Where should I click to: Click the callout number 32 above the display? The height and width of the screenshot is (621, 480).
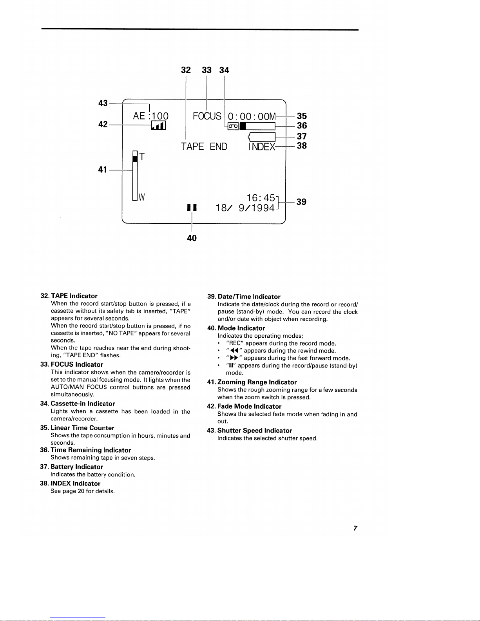point(186,70)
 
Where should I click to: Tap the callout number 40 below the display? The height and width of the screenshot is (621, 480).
point(192,238)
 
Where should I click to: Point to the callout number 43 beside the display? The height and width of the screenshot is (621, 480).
point(103,103)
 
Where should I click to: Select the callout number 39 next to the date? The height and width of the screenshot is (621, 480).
point(301,202)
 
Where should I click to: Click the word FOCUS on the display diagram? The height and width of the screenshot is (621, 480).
point(207,116)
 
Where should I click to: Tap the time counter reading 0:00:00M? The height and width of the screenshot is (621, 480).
point(252,116)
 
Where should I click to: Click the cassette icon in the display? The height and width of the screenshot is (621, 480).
point(233,126)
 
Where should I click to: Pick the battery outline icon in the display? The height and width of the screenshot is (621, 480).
point(262,136)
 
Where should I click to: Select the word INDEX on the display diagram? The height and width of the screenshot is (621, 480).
point(261,147)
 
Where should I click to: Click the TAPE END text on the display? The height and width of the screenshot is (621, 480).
point(204,147)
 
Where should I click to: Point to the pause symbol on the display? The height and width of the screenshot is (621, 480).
point(192,208)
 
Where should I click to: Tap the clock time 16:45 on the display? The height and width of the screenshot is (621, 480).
point(260,198)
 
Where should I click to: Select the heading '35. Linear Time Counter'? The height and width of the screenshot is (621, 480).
point(77,428)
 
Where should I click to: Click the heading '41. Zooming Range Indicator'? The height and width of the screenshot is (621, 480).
point(252,382)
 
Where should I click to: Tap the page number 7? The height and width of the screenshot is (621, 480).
point(355,528)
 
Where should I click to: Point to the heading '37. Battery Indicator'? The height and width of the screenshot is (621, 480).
point(72,467)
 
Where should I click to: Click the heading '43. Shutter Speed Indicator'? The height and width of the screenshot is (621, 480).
point(249,431)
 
